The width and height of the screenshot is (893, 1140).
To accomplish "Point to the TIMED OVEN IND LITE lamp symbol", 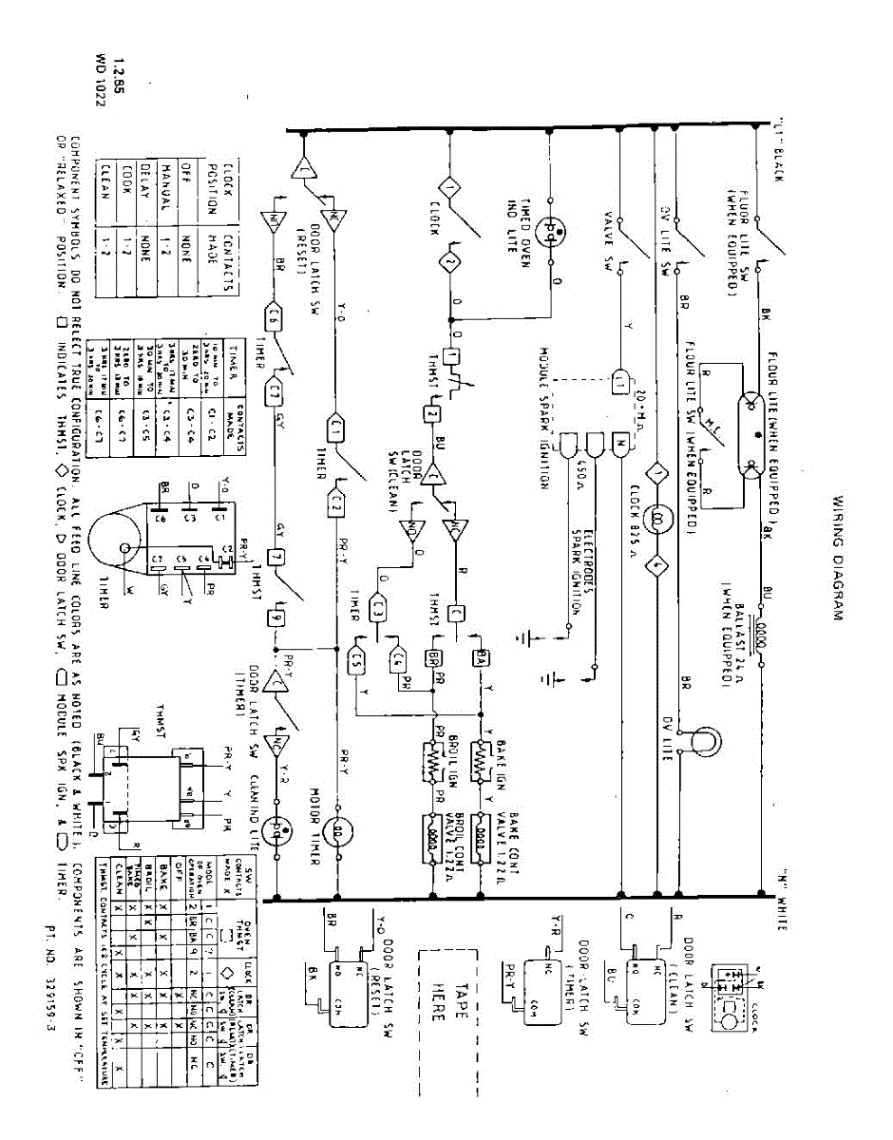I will (x=551, y=231).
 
